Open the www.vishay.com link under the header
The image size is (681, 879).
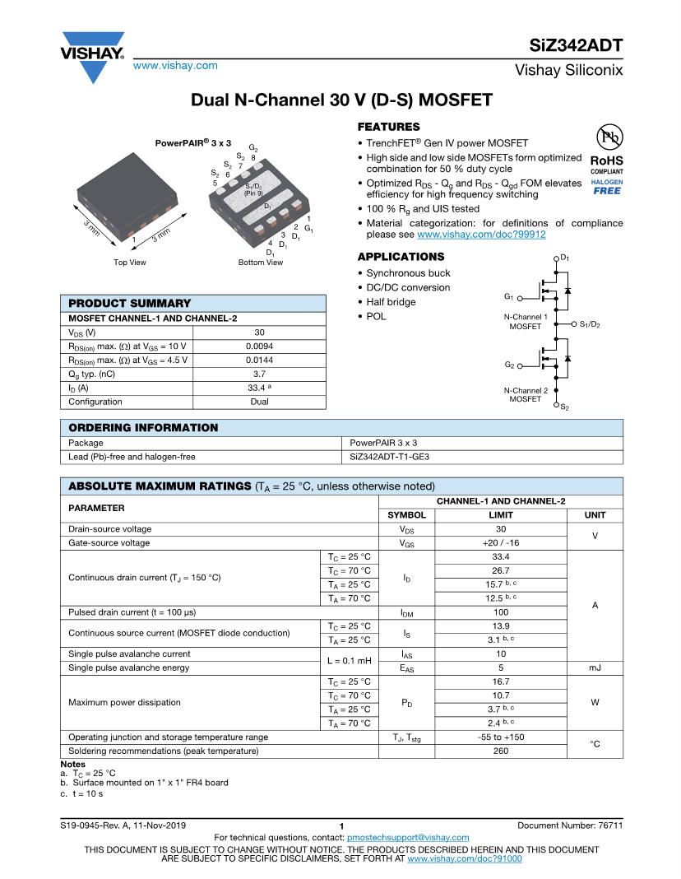pyautogui.click(x=175, y=65)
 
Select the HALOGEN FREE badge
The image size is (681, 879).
pyautogui.click(x=607, y=187)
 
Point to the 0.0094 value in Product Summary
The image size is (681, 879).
pyautogui.click(x=259, y=346)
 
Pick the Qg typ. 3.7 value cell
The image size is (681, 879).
pyautogui.click(x=259, y=374)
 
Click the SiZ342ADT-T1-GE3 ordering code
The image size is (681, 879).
pyautogui.click(x=390, y=456)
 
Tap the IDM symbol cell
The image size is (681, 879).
pyautogui.click(x=406, y=612)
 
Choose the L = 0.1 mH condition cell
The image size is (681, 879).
pyautogui.click(x=350, y=661)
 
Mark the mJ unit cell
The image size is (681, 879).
pyautogui.click(x=595, y=668)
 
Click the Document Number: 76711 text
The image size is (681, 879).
pyautogui.click(x=570, y=826)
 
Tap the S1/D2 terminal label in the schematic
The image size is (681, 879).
pyautogui.click(x=590, y=324)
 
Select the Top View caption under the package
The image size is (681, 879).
pyautogui.click(x=130, y=263)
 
